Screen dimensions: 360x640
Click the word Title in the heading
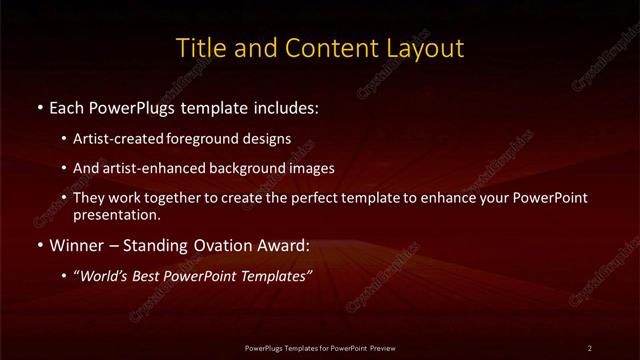click(200, 48)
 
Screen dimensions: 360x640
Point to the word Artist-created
click(112, 139)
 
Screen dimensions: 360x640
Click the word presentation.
click(115, 214)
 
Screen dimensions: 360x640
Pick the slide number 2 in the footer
click(590, 347)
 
